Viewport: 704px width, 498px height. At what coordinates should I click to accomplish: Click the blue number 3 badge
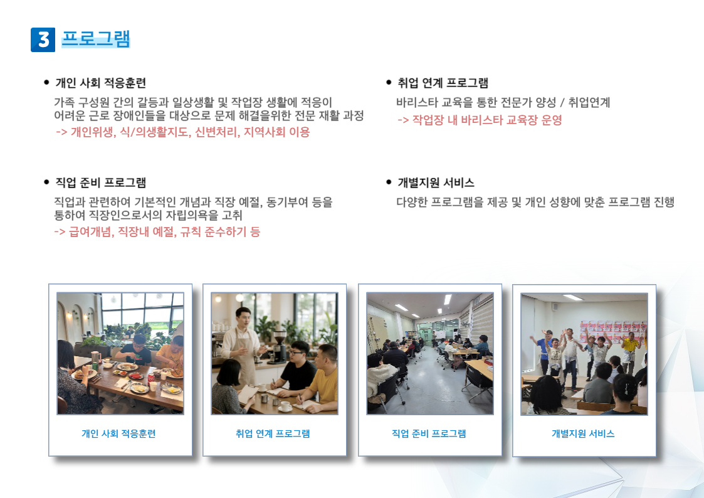pyautogui.click(x=43, y=40)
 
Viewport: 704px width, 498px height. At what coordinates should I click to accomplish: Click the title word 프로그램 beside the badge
pyautogui.click(x=96, y=39)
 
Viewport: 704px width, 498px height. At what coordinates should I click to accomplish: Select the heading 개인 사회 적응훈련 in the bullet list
pyautogui.click(x=100, y=83)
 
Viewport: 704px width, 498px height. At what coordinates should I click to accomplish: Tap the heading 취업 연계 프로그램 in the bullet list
pyautogui.click(x=443, y=83)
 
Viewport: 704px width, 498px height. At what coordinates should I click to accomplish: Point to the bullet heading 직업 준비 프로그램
pyautogui.click(x=100, y=183)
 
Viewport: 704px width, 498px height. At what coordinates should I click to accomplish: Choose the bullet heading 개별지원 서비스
pyautogui.click(x=436, y=183)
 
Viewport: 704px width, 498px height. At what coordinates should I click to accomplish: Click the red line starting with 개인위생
pyautogui.click(x=182, y=132)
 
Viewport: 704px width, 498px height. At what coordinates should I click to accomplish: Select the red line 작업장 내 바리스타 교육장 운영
pyautogui.click(x=480, y=120)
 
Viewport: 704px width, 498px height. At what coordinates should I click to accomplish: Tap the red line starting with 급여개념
pyautogui.click(x=157, y=231)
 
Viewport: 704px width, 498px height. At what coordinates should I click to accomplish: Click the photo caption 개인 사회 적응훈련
pyautogui.click(x=118, y=433)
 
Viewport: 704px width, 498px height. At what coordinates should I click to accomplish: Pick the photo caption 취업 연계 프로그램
pyautogui.click(x=273, y=433)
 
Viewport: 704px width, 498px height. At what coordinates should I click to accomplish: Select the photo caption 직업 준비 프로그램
pyautogui.click(x=429, y=433)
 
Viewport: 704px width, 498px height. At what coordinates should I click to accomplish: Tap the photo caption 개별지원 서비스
pyautogui.click(x=583, y=433)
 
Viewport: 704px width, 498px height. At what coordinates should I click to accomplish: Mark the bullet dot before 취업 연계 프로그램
pyautogui.click(x=389, y=82)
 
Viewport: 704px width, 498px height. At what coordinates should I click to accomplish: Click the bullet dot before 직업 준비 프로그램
pyautogui.click(x=46, y=182)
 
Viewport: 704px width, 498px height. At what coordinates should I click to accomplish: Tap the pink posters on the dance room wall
pyautogui.click(x=613, y=331)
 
